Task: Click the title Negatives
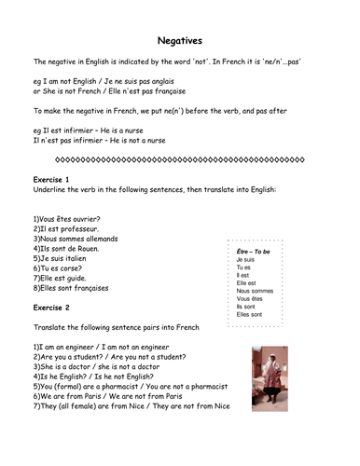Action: point(179,41)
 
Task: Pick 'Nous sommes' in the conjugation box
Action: point(256,291)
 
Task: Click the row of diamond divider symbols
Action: point(179,158)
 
